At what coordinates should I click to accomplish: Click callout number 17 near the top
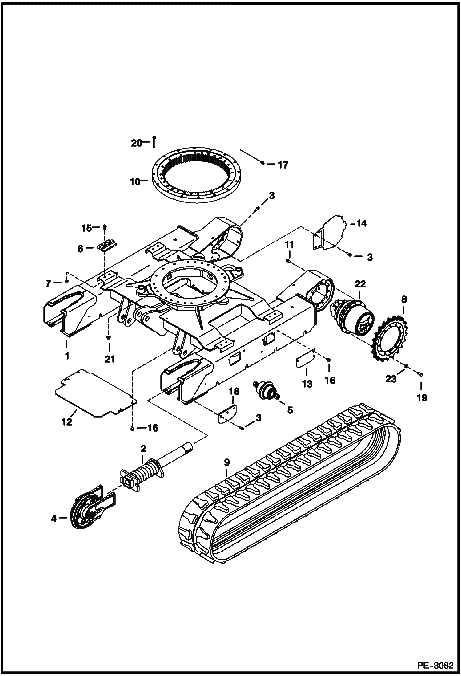283,165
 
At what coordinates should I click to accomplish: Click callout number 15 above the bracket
86,228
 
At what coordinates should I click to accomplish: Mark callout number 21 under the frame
110,359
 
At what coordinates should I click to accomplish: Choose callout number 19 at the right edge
422,398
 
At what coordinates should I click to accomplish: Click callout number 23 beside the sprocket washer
391,379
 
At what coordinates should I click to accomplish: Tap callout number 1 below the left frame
67,356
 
